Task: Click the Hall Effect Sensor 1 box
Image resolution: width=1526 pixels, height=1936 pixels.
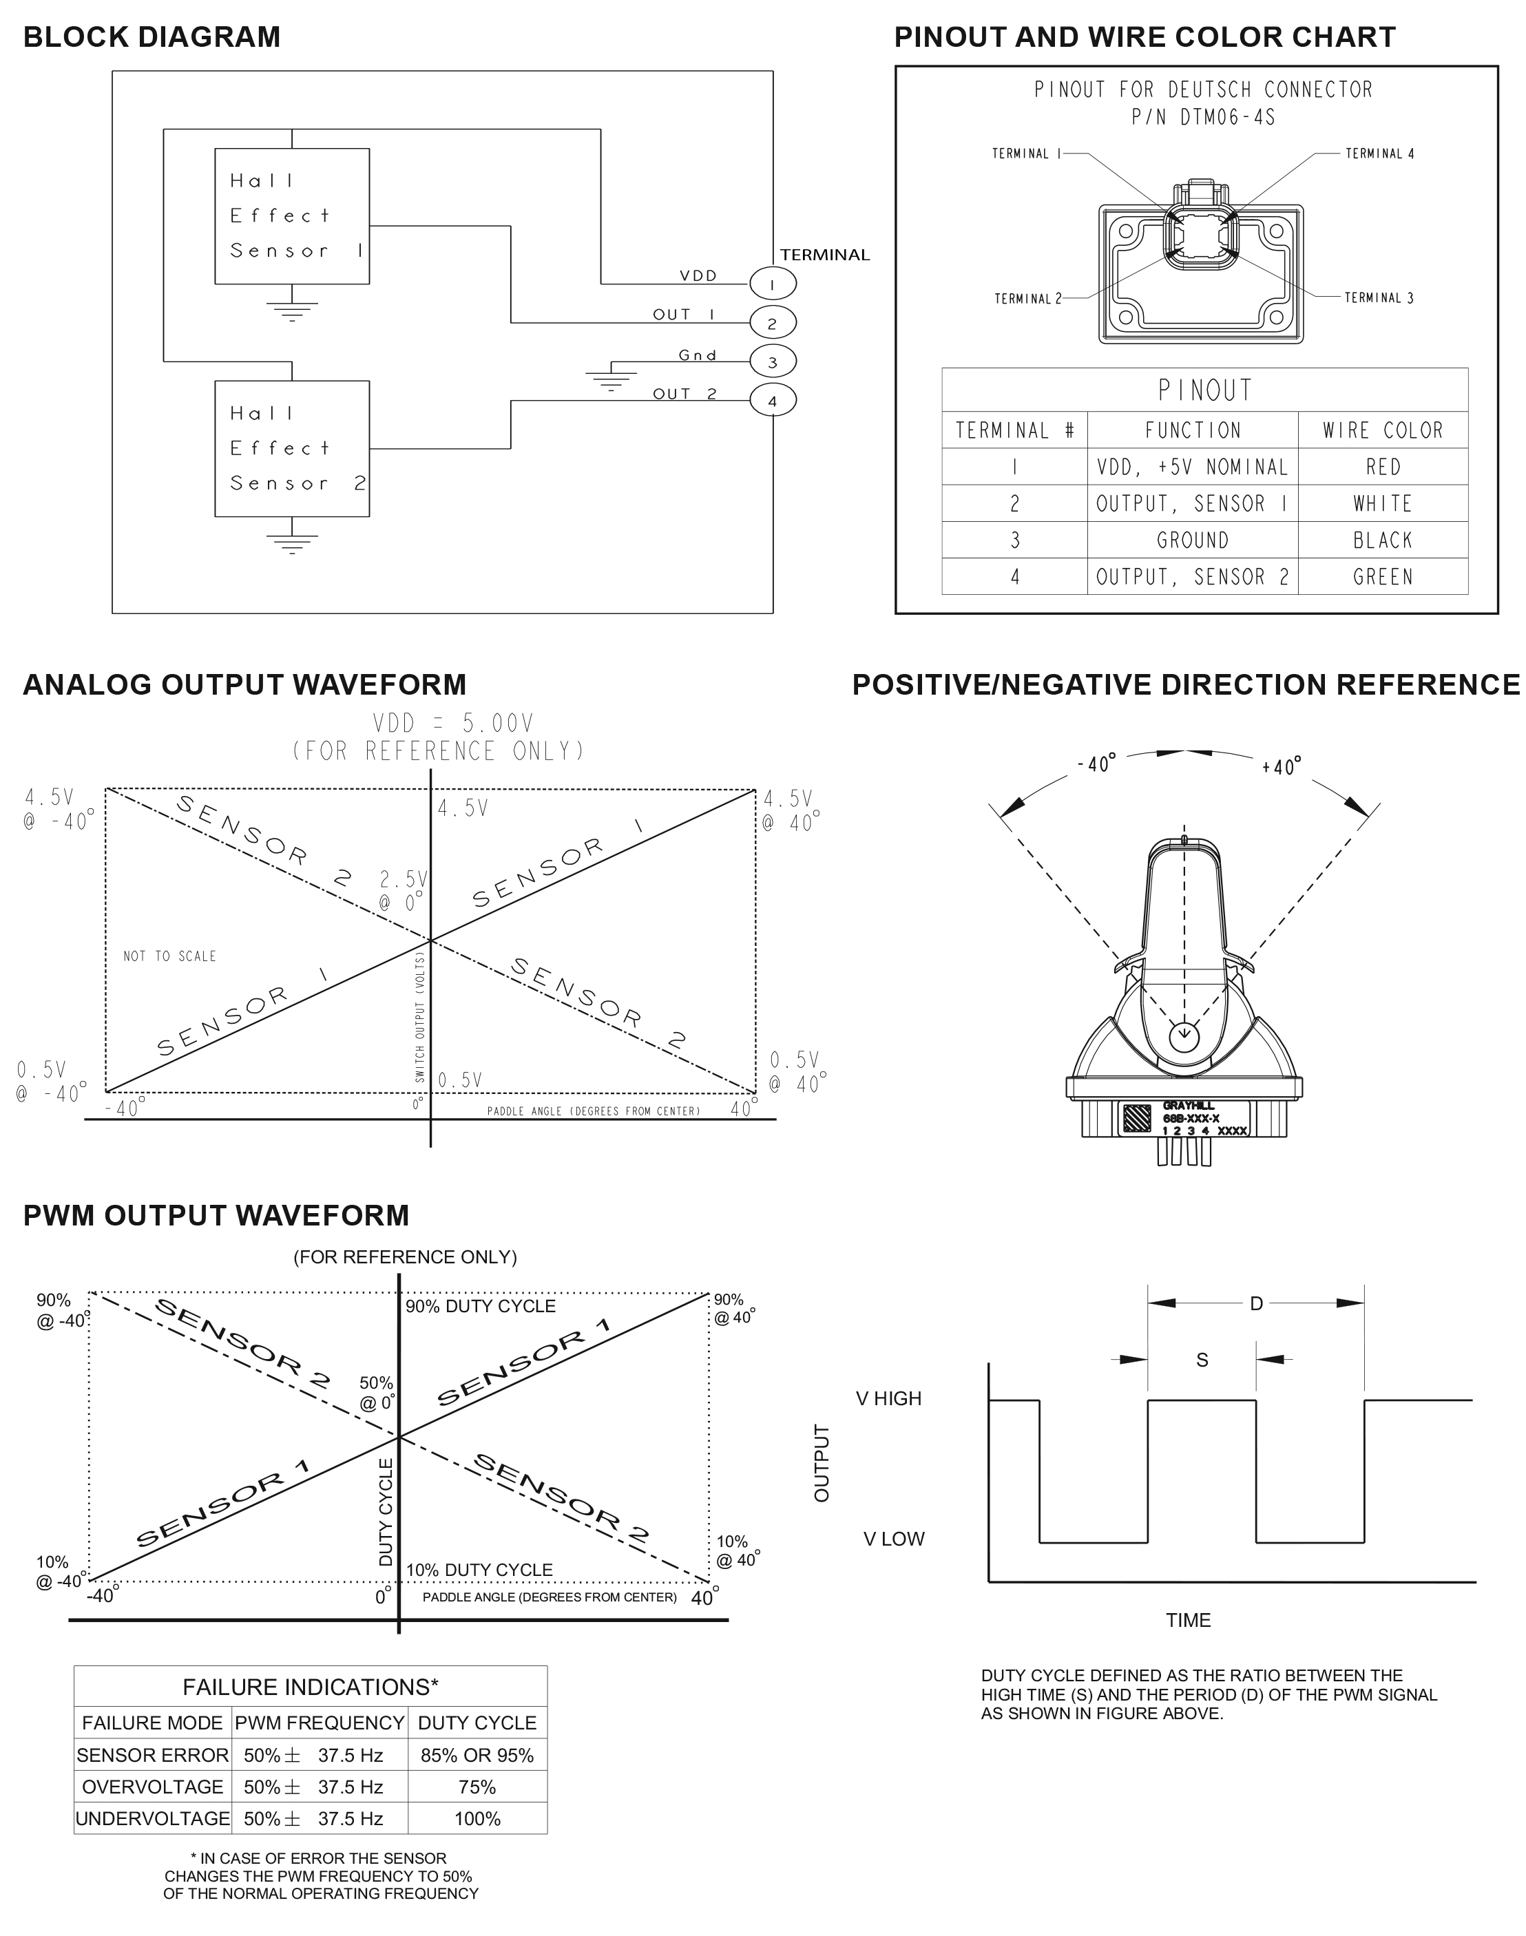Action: [x=291, y=216]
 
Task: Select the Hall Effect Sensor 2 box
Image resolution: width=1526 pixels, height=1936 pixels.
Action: [x=291, y=448]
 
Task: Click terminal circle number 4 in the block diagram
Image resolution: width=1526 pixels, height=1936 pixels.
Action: [x=772, y=401]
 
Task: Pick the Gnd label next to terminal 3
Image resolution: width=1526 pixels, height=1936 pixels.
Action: [x=698, y=355]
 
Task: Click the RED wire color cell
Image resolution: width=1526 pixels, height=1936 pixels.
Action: [x=1382, y=467]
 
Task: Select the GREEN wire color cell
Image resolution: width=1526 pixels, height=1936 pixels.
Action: [x=1382, y=577]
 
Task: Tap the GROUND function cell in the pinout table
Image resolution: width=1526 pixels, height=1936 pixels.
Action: [x=1193, y=540]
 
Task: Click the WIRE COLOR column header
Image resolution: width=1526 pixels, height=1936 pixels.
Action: [x=1382, y=430]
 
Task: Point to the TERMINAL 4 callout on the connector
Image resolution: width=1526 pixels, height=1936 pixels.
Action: [x=1379, y=154]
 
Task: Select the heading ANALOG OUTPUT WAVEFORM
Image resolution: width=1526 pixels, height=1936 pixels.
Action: [x=244, y=685]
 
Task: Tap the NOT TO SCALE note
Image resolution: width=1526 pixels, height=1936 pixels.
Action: [x=170, y=956]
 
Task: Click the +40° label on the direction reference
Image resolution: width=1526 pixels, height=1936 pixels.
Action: [x=1282, y=767]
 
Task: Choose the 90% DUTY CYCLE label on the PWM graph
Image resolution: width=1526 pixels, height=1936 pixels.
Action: [x=481, y=1307]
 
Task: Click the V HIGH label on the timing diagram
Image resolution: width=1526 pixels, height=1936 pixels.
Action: [x=888, y=1398]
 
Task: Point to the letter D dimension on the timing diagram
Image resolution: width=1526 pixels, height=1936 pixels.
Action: [x=1256, y=1304]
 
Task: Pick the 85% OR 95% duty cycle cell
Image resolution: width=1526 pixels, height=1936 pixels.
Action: [x=477, y=1756]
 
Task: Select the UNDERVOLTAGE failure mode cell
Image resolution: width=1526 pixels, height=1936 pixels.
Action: [x=153, y=1818]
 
